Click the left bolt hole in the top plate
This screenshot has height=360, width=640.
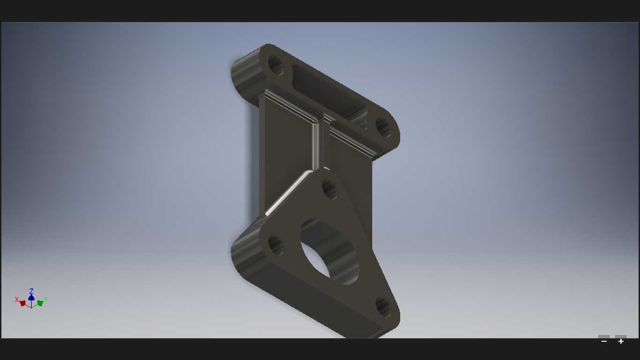pyautogui.click(x=275, y=66)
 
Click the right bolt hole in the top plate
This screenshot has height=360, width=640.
pyautogui.click(x=383, y=127)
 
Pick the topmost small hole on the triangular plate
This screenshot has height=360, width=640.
pyautogui.click(x=329, y=189)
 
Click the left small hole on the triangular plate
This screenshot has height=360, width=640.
pyautogui.click(x=276, y=245)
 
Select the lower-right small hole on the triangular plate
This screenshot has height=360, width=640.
pyautogui.click(x=383, y=307)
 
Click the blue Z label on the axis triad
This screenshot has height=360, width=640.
pyautogui.click(x=31, y=291)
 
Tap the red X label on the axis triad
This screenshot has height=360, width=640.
pyautogui.click(x=17, y=300)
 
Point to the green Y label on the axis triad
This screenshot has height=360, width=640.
pyautogui.click(x=46, y=300)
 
